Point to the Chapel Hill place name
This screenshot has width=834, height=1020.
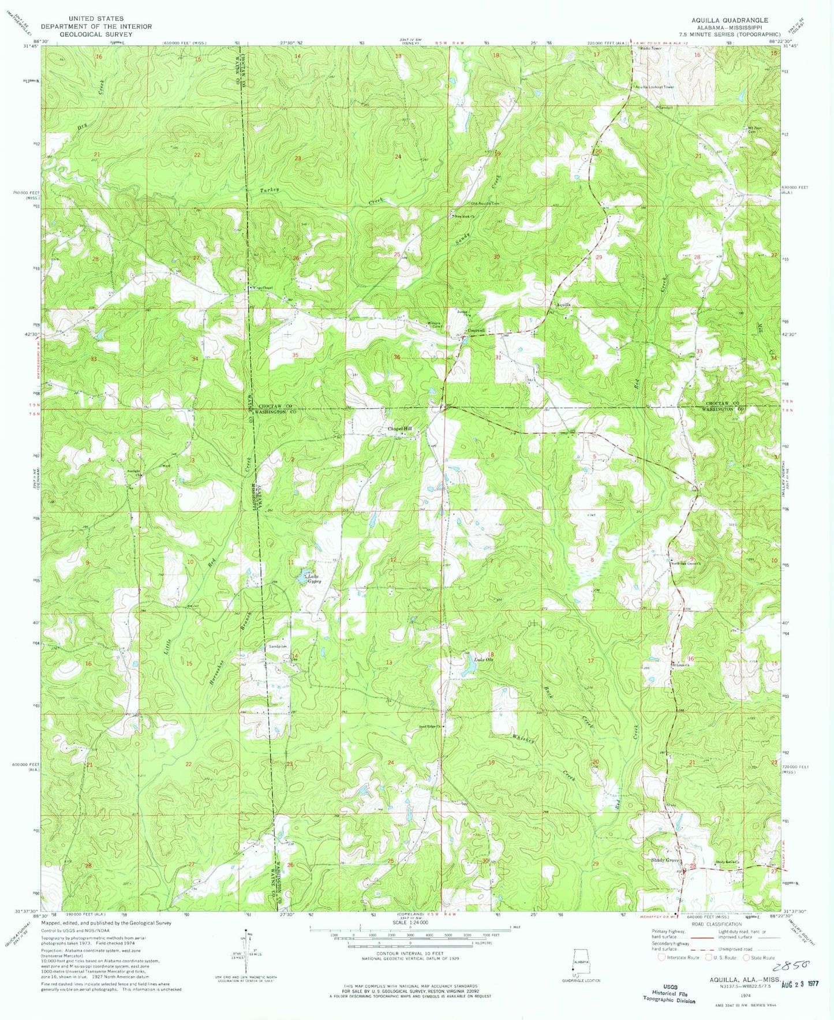pyautogui.click(x=400, y=428)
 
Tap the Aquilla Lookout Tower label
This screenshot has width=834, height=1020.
pyautogui.click(x=654, y=87)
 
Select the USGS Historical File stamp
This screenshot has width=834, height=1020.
pyautogui.click(x=670, y=994)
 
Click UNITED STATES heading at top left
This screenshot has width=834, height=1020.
pyautogui.click(x=95, y=19)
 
